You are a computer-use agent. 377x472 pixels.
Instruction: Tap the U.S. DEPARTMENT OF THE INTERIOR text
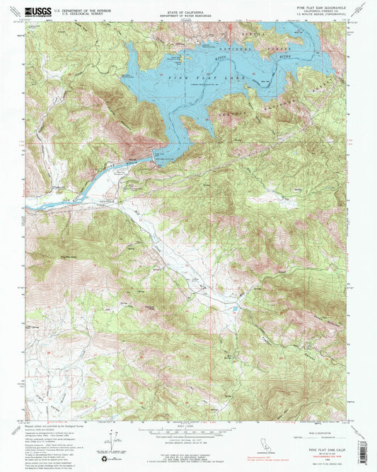(x=78, y=10)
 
